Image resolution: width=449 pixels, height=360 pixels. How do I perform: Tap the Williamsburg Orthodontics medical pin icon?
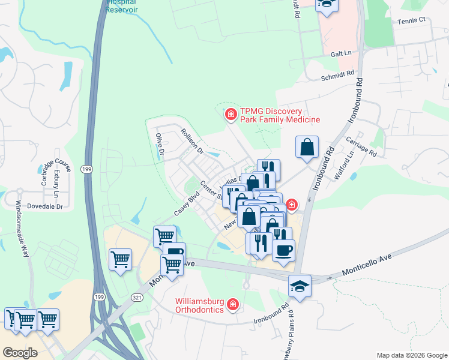(x=232, y=305)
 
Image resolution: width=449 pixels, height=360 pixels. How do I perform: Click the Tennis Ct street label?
(x=411, y=20)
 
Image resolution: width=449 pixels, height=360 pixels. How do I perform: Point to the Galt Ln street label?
(x=341, y=53)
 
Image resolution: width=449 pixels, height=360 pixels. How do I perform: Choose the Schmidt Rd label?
(x=338, y=75)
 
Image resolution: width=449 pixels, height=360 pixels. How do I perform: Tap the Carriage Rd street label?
(x=361, y=147)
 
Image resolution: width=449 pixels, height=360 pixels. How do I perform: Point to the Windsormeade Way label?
(x=22, y=229)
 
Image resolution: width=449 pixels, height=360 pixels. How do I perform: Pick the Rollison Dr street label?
(x=193, y=140)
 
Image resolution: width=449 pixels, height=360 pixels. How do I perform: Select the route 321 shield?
(x=137, y=297)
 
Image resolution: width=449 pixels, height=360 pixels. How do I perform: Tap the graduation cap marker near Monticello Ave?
(x=300, y=286)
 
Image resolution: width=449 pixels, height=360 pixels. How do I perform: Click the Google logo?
(x=20, y=353)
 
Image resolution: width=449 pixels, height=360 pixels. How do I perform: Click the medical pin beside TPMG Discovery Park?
(x=230, y=114)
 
